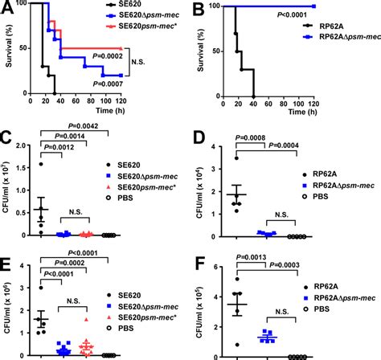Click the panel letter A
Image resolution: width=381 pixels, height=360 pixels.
click(7, 7)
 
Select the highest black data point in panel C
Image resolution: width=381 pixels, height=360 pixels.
click(40, 165)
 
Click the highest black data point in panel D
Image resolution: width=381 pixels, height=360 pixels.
click(236, 157)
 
